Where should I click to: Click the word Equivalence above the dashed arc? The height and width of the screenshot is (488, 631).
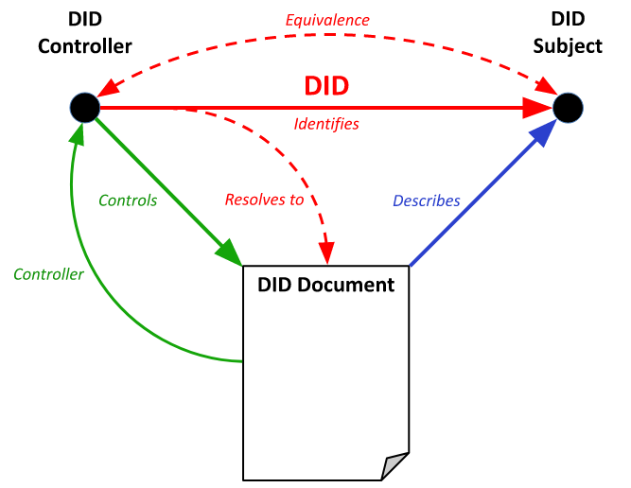[x=327, y=20]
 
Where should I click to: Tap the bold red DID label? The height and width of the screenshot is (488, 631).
[x=326, y=86]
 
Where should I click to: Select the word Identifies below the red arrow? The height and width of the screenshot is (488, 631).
[x=326, y=124]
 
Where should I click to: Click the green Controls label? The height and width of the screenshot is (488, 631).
[x=128, y=200]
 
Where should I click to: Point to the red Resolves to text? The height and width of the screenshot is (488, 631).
[x=264, y=200]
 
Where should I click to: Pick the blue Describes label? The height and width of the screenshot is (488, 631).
[x=427, y=200]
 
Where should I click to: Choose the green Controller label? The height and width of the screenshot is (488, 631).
[x=48, y=275]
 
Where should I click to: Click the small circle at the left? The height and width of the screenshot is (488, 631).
[x=84, y=108]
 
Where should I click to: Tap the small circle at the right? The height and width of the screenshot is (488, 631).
[x=568, y=108]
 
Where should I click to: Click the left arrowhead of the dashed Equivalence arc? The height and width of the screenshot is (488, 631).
[x=110, y=87]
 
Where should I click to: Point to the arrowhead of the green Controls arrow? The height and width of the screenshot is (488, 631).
[x=229, y=253]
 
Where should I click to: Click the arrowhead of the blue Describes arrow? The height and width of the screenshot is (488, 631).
[x=543, y=132]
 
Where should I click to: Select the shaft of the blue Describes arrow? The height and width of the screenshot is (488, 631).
[x=464, y=212]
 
